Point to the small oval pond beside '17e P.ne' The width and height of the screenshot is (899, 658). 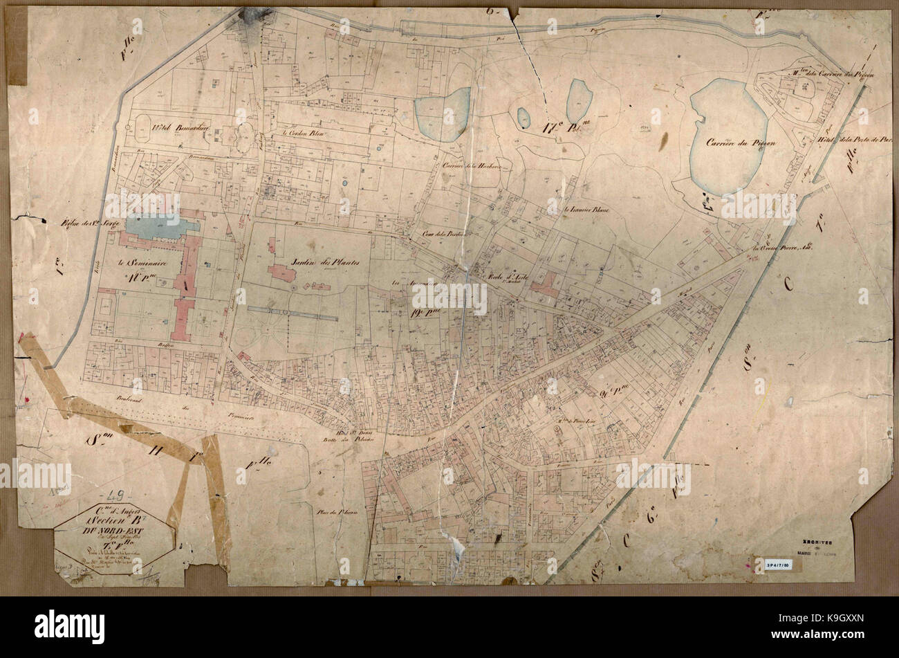coord(523,118)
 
